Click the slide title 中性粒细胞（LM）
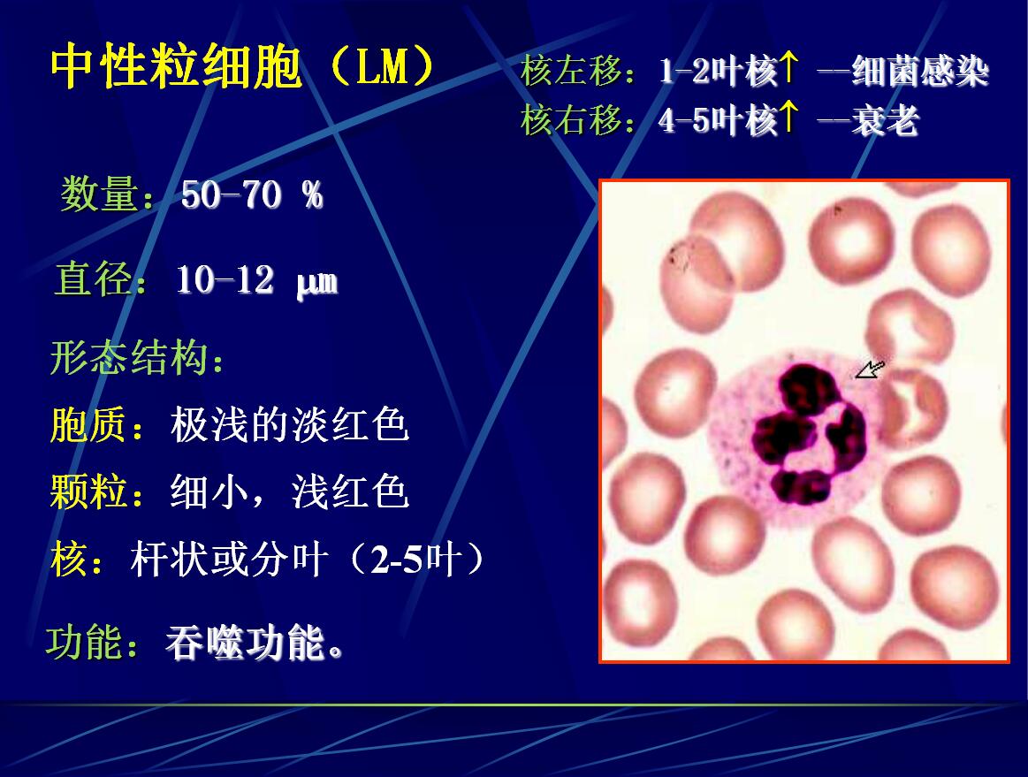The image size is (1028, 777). point(242,67)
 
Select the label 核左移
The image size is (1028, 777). point(570,70)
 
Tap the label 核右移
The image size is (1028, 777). point(570,120)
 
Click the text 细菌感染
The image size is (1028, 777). point(920,71)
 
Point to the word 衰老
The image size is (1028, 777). point(885,120)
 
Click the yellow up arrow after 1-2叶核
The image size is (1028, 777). point(788,68)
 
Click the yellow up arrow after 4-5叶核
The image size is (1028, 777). point(788,118)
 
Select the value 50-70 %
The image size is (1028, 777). point(253,194)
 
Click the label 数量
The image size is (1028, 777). point(100,194)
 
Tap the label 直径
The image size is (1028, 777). point(94,278)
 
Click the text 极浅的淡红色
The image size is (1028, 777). point(290,424)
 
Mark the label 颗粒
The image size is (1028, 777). point(89,491)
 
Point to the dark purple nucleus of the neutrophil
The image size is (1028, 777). point(808,434)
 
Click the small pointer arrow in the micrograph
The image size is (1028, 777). point(870,369)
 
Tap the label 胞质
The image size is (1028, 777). point(89,424)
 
